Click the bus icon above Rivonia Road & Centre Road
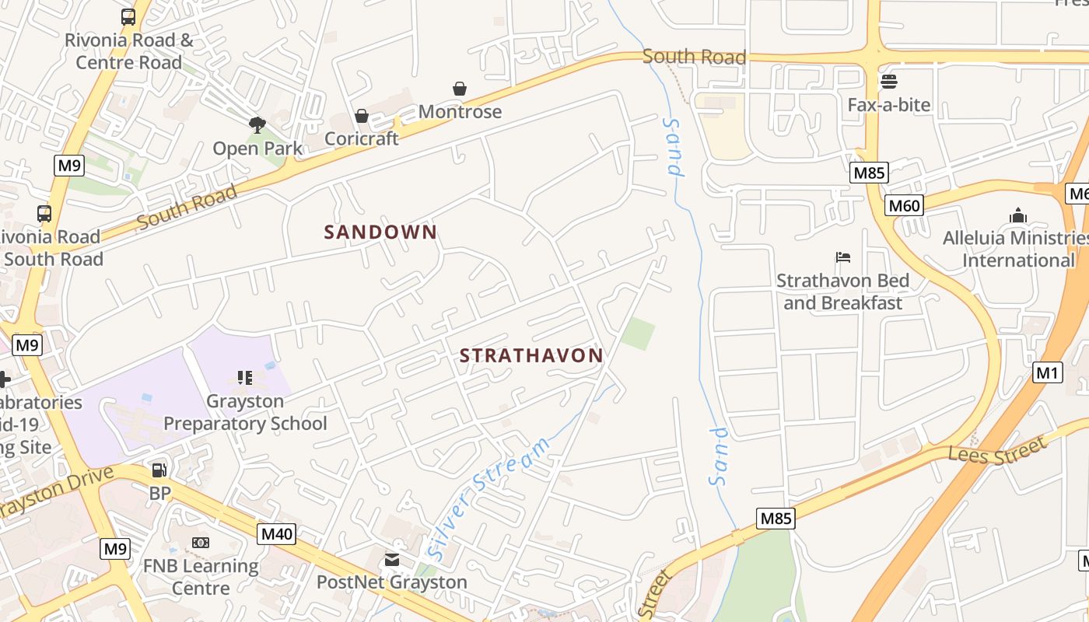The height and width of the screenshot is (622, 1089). click(x=128, y=16)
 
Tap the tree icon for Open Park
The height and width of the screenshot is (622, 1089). click(x=257, y=124)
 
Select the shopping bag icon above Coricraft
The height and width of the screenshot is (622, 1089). click(x=362, y=116)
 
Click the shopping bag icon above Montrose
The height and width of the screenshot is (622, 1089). click(x=460, y=89)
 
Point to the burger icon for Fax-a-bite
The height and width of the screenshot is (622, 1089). click(x=888, y=81)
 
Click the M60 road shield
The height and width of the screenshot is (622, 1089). click(x=904, y=206)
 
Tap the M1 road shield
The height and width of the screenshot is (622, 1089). click(x=1048, y=373)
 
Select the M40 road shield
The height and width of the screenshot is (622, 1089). click(x=277, y=533)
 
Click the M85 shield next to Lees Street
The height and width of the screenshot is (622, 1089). click(x=776, y=519)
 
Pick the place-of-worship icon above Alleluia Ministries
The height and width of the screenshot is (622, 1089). click(x=1017, y=215)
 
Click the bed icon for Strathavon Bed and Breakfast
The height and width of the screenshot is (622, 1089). click(x=843, y=257)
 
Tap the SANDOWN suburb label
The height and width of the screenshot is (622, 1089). click(x=380, y=232)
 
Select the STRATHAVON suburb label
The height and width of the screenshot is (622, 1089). click(x=531, y=356)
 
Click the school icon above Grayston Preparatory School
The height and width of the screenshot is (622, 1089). click(x=245, y=378)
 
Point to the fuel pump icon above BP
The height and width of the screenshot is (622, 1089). click(x=159, y=470)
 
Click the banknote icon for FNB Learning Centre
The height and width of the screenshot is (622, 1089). click(x=201, y=542)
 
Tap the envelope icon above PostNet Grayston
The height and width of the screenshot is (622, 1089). click(x=392, y=559)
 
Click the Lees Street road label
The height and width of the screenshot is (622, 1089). click(x=997, y=451)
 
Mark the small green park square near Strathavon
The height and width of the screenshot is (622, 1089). click(x=638, y=334)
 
